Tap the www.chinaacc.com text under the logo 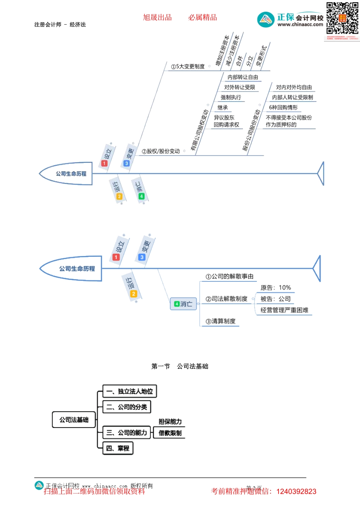point(300,25)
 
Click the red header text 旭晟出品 point(157,17)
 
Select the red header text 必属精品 point(203,17)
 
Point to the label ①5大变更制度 point(188,67)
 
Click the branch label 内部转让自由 point(243,77)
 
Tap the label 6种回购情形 point(283,108)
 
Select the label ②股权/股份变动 point(161,151)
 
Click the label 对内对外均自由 point(294,87)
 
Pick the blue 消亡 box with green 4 point(183,304)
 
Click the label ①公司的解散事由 point(229,276)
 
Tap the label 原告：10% point(275,288)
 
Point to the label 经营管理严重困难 point(284,310)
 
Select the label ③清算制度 point(221,321)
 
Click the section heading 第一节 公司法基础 point(180,366)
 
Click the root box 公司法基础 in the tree point(74,420)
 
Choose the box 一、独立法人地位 point(130,391)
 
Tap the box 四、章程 point(118,448)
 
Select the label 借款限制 point(170,433)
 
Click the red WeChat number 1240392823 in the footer point(296,492)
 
